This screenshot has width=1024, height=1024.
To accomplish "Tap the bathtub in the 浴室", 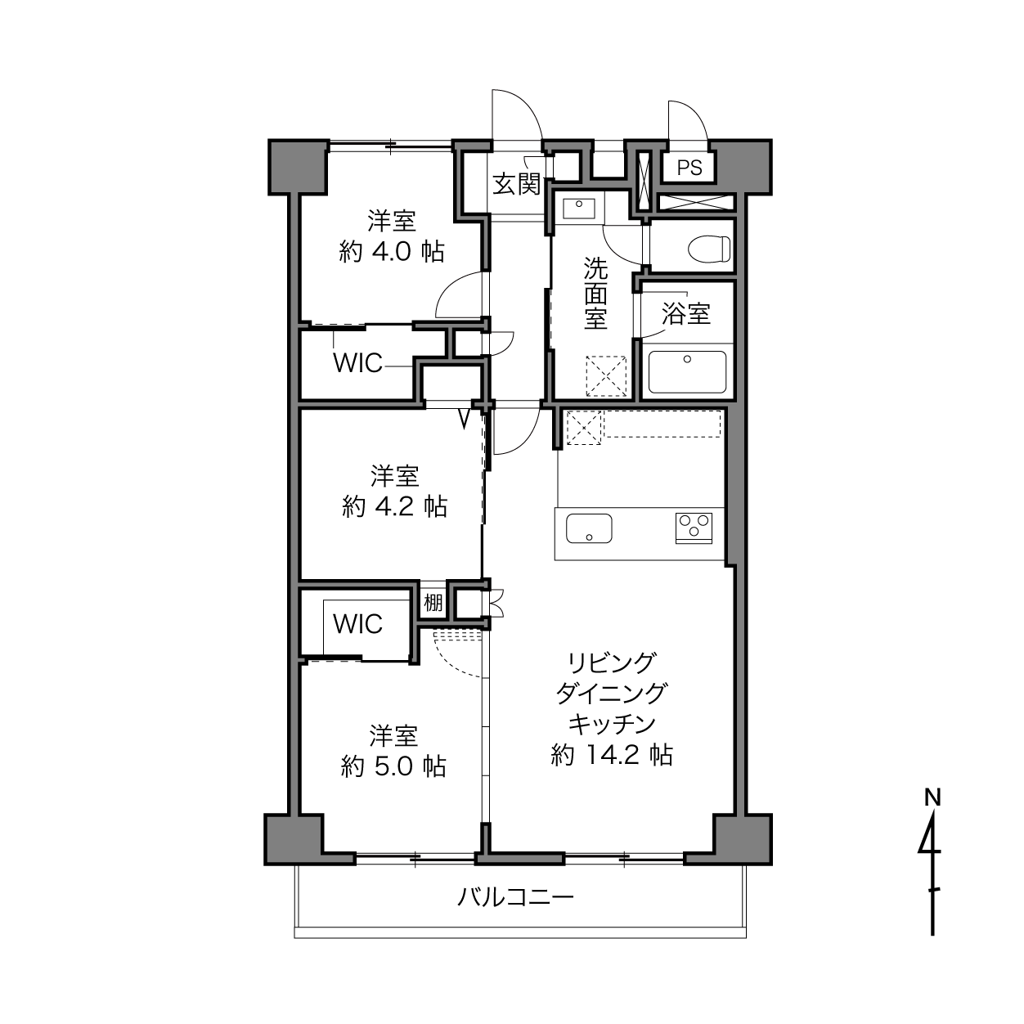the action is pyautogui.click(x=687, y=372).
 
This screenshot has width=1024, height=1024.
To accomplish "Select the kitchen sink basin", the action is pyautogui.click(x=589, y=528).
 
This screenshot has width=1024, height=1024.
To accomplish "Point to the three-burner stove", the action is pyautogui.click(x=694, y=528).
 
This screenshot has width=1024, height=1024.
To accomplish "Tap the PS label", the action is pyautogui.click(x=689, y=168).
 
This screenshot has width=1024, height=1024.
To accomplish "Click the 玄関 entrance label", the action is pyautogui.click(x=516, y=184).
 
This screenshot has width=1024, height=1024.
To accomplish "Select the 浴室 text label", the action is pyautogui.click(x=686, y=313).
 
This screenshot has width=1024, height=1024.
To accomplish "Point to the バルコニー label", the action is pyautogui.click(x=515, y=897).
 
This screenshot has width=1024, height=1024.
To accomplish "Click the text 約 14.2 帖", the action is pyautogui.click(x=612, y=755).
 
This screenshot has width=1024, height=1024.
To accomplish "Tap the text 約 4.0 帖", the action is pyautogui.click(x=392, y=251).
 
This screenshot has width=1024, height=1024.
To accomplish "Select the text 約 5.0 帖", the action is pyautogui.click(x=393, y=766).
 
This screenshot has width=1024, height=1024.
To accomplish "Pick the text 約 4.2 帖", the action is pyautogui.click(x=394, y=506).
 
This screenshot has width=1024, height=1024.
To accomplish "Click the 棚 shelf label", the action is pyautogui.click(x=433, y=603).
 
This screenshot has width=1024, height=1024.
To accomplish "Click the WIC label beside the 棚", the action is pyautogui.click(x=357, y=624).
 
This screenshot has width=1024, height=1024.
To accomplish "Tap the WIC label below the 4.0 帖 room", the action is pyautogui.click(x=357, y=363).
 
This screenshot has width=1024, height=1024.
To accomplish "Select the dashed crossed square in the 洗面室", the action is pyautogui.click(x=606, y=376).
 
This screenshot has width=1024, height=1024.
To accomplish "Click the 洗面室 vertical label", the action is pyautogui.click(x=595, y=294).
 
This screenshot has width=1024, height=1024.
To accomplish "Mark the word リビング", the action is pyautogui.click(x=612, y=663).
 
